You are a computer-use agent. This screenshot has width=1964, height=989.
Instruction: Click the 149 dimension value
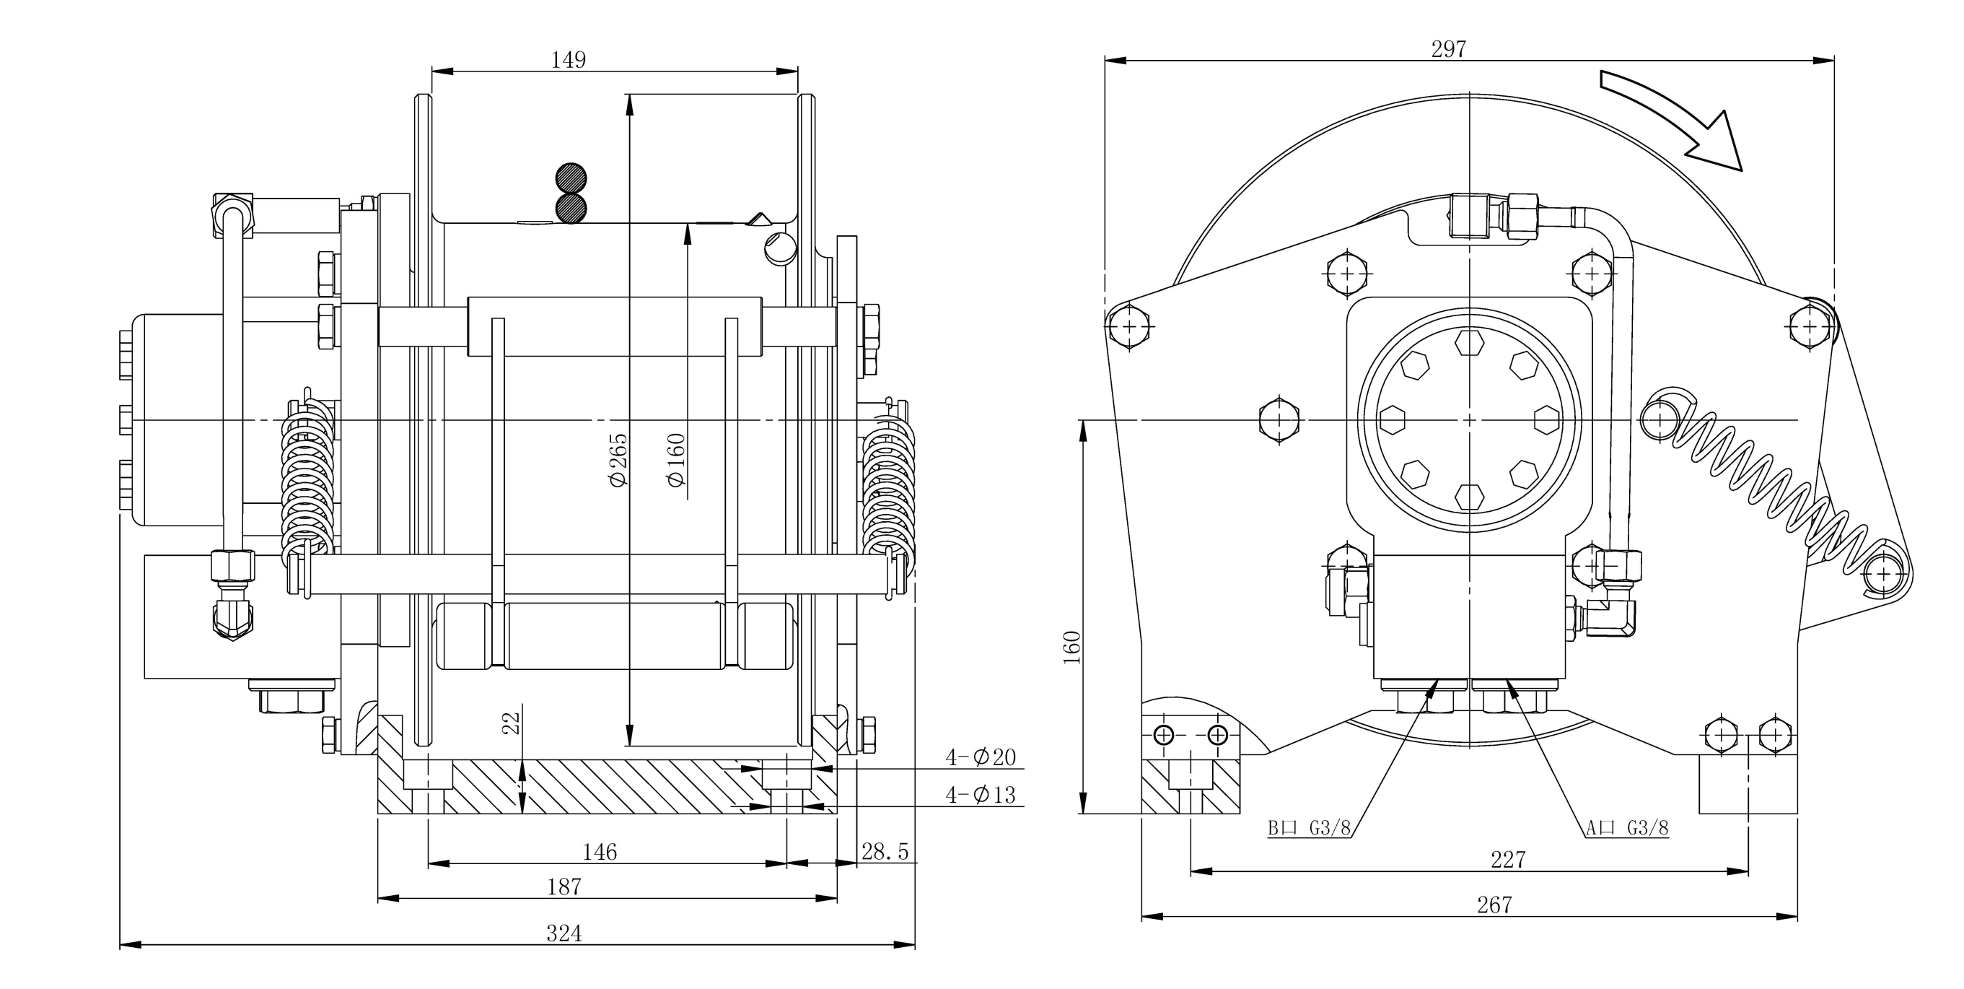click(x=568, y=59)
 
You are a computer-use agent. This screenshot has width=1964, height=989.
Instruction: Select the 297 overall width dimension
click(x=1449, y=49)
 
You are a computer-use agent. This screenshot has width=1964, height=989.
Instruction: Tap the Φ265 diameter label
click(x=617, y=460)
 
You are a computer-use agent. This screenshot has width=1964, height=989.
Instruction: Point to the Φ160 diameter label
click(x=675, y=460)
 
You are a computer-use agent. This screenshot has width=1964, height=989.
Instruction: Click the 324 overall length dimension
click(x=564, y=933)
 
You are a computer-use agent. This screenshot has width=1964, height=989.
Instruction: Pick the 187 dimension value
click(x=564, y=886)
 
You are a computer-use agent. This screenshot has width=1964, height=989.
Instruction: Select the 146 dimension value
click(x=600, y=852)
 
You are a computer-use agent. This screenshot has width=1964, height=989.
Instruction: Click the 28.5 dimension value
click(x=885, y=851)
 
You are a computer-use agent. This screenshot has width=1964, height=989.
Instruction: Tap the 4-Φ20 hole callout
click(x=981, y=757)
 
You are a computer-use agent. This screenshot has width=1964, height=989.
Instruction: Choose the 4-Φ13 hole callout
click(x=981, y=795)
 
